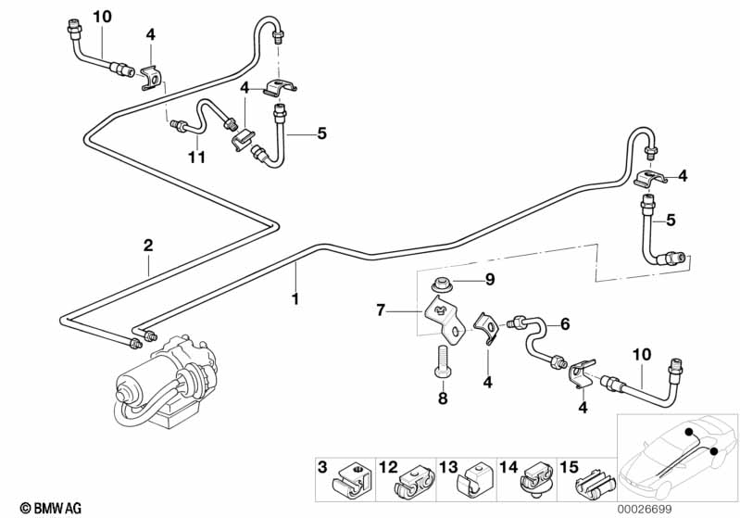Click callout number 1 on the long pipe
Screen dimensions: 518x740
(295, 299)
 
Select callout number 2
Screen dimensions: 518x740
(147, 246)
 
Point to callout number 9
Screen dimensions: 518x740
(490, 279)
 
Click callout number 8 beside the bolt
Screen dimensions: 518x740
(442, 398)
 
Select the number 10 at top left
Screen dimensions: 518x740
(102, 16)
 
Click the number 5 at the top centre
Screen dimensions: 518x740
(321, 133)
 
